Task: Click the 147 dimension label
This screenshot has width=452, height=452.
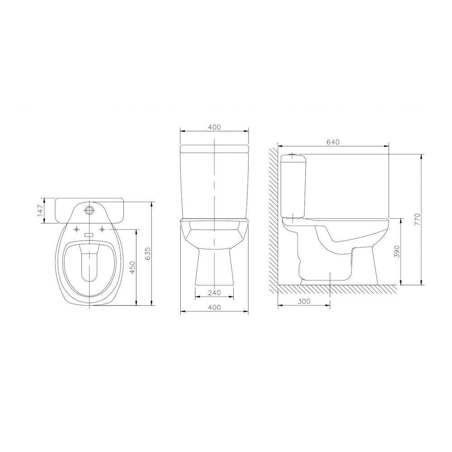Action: tap(41, 211)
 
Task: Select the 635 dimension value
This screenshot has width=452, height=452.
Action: tap(148, 254)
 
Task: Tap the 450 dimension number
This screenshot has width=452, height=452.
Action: tap(132, 267)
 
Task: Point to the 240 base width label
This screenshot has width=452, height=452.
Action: tap(214, 293)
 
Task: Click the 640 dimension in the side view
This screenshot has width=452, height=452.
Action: tap(333, 142)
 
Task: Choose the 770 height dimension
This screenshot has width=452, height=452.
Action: tap(418, 219)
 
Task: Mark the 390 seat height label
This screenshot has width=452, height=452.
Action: tap(397, 252)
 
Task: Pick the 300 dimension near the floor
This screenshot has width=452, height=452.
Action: tap(304, 301)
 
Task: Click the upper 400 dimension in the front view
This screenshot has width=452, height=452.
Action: tap(214, 127)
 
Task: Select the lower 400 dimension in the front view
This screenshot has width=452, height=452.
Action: tap(214, 307)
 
